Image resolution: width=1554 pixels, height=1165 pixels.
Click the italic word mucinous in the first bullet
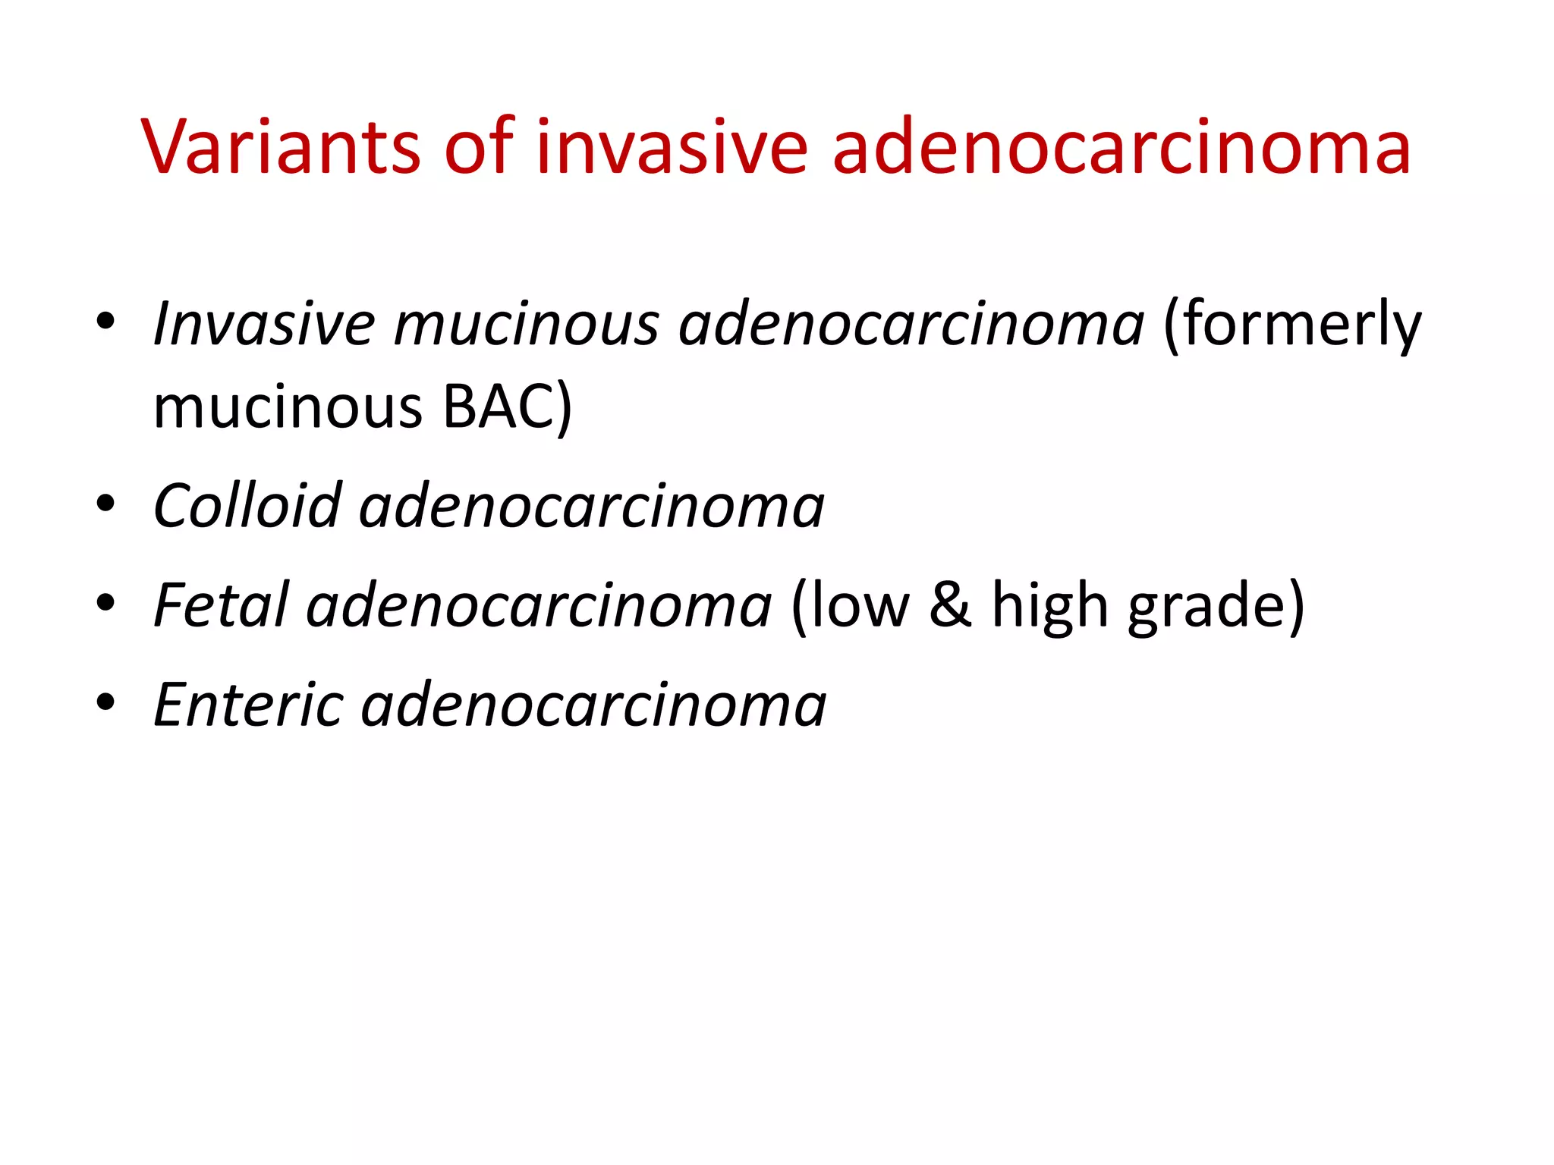point(526,324)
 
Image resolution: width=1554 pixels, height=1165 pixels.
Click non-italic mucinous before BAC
point(288,407)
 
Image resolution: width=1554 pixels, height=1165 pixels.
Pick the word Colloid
point(247,506)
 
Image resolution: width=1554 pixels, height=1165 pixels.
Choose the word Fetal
point(221,605)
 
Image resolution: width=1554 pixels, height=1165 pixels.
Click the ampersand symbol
point(950,605)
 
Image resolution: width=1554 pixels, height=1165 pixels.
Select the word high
point(1050,605)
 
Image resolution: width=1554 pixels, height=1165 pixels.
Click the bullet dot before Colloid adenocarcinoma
point(105,503)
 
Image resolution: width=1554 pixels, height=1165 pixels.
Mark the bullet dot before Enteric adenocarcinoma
point(105,702)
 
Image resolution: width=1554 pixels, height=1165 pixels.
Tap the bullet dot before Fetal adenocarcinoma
point(105,602)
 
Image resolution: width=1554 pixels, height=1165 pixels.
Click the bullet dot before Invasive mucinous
point(105,321)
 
